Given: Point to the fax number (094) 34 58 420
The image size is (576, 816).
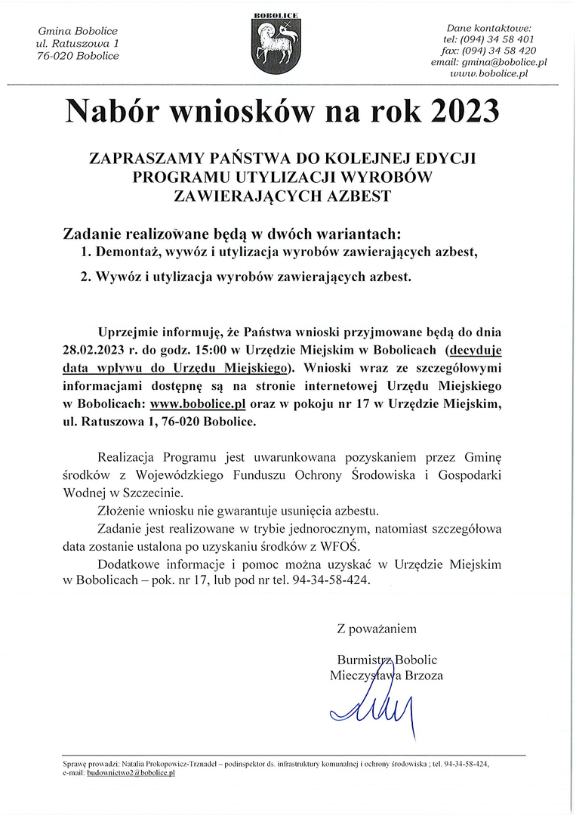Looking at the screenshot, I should (504, 51).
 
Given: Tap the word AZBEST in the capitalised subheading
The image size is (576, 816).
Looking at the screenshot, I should (362, 198).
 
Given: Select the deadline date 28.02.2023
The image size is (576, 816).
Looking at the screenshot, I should (97, 350).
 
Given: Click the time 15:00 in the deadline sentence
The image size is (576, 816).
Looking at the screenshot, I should (208, 350).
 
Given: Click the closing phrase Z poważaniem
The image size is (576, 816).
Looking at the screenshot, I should (377, 628).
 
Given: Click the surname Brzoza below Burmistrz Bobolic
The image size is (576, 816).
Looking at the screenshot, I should (419, 675).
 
